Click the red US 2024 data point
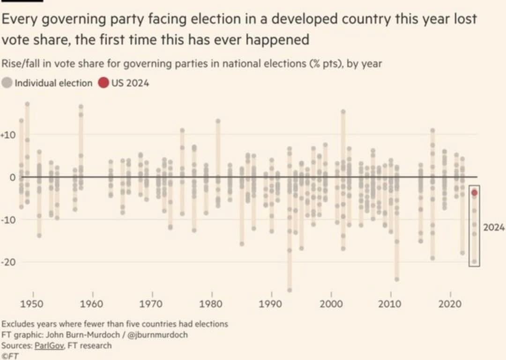pos(474,192)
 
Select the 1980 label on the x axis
pos(211,303)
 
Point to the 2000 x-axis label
pos(331,303)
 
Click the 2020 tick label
pos(450,303)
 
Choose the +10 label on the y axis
pos(9,135)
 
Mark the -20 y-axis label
pos(9,262)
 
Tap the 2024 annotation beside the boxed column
pos(494,227)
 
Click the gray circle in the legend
pos(7,83)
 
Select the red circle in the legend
pos(103,83)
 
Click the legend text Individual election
pos(53,83)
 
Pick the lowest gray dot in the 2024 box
pos(474,262)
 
